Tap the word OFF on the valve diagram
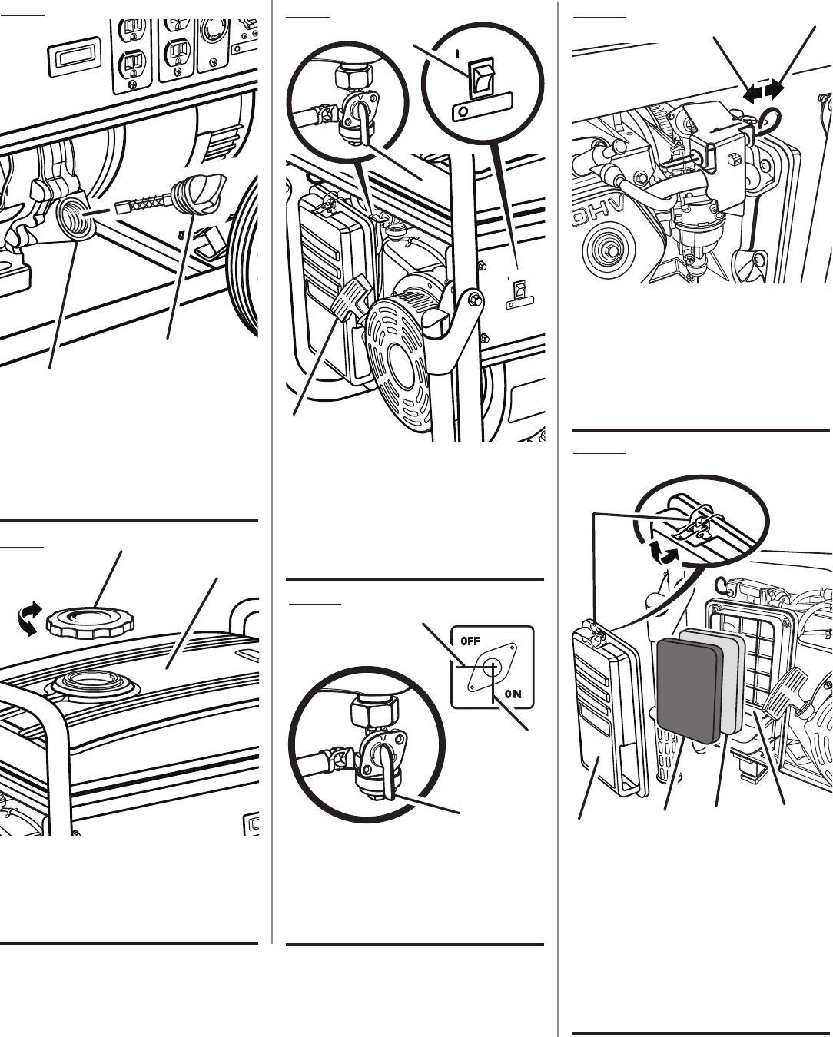point(470,640)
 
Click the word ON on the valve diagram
point(513,694)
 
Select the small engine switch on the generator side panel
point(520,290)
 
